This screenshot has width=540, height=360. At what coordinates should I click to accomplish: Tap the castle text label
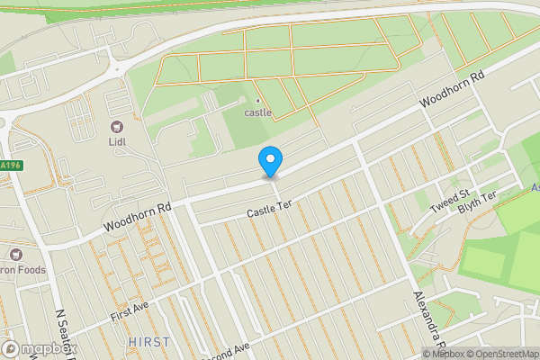(257, 112)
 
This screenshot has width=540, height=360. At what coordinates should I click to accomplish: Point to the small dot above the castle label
(257, 100)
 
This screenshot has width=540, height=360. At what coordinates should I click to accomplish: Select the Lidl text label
(117, 142)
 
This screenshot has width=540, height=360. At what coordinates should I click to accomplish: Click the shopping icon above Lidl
(117, 127)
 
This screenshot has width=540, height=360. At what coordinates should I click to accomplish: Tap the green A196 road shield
(10, 166)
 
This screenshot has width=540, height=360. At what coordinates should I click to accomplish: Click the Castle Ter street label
(271, 211)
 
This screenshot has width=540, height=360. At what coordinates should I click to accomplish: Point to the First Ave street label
(128, 312)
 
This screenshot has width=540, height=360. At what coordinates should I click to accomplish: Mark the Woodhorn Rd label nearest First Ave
(137, 216)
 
